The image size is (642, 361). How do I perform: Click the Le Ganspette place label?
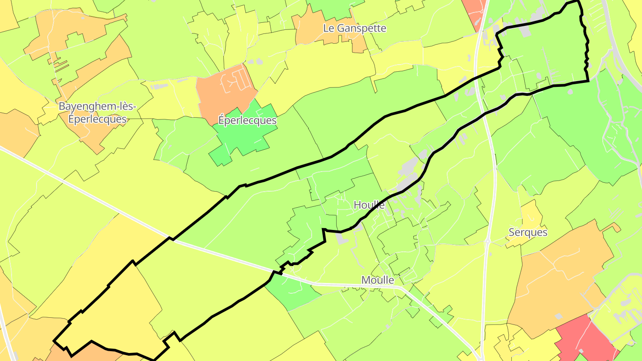click(355, 29)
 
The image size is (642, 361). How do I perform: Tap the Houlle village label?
click(369, 205)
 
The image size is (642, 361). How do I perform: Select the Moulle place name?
click(378, 280)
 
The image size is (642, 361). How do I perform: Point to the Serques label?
click(528, 233)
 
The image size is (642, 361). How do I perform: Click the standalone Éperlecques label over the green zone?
click(247, 121)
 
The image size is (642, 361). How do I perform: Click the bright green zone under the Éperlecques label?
click(243, 138)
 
